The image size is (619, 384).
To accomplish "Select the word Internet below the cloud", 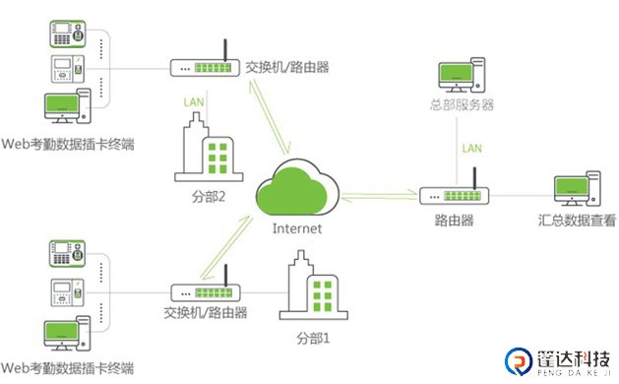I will point(297,228).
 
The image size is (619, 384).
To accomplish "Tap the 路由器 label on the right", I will point(454,222).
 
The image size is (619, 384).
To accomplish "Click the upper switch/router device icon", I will point(204,67).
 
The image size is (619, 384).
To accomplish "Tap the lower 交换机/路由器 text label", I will point(205,314).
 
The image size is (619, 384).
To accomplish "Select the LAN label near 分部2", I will point(195,101).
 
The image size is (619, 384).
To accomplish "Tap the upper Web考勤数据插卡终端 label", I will point(68,146).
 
